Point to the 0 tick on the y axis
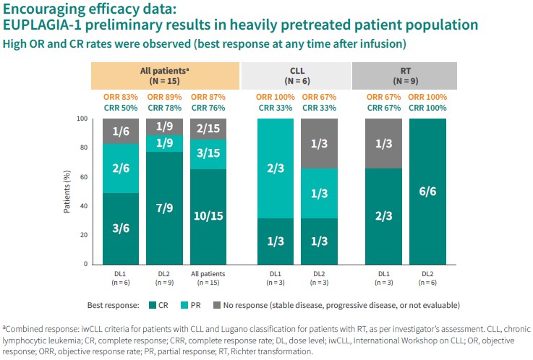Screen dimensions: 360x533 [84, 265]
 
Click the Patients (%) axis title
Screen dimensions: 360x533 [66, 192]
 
